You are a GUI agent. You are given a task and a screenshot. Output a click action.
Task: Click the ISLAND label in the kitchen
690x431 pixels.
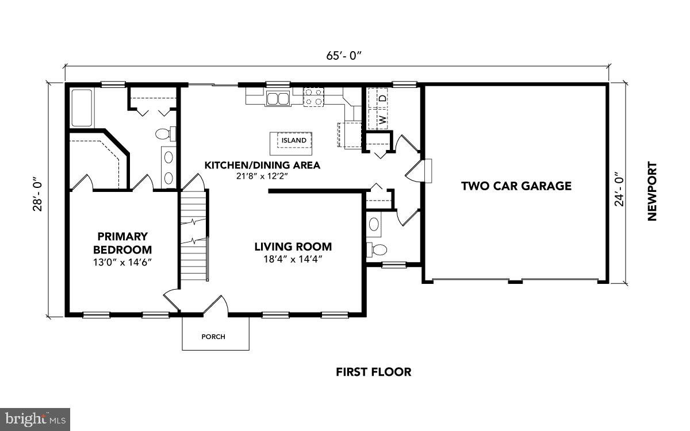(x=293, y=140)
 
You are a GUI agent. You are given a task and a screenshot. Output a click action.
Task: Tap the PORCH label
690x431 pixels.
(x=213, y=337)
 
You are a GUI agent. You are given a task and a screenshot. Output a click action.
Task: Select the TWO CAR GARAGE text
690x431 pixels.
(x=516, y=186)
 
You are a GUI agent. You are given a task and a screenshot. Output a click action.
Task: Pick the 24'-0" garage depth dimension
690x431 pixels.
(x=619, y=189)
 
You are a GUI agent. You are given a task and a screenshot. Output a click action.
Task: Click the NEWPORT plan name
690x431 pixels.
(x=651, y=191)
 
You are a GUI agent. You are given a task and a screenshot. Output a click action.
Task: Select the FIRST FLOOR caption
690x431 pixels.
(x=373, y=372)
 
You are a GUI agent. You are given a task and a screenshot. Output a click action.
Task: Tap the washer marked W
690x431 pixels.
(x=380, y=119)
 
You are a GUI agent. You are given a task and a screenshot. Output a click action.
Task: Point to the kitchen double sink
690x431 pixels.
(x=277, y=99)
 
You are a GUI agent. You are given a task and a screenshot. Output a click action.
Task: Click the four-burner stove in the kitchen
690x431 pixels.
(x=313, y=97)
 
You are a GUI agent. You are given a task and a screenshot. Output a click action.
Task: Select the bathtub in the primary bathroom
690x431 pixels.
(x=81, y=107)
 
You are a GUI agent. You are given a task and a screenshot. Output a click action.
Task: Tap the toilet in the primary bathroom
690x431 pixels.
(x=164, y=134)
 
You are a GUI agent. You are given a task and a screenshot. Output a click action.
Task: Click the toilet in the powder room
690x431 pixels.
(x=378, y=249)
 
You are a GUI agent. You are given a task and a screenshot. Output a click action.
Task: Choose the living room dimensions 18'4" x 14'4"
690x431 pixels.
(x=293, y=259)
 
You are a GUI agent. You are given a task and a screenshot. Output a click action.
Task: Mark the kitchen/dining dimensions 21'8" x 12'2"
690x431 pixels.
(x=262, y=176)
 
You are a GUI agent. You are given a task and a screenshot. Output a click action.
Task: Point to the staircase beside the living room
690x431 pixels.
(x=193, y=236)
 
